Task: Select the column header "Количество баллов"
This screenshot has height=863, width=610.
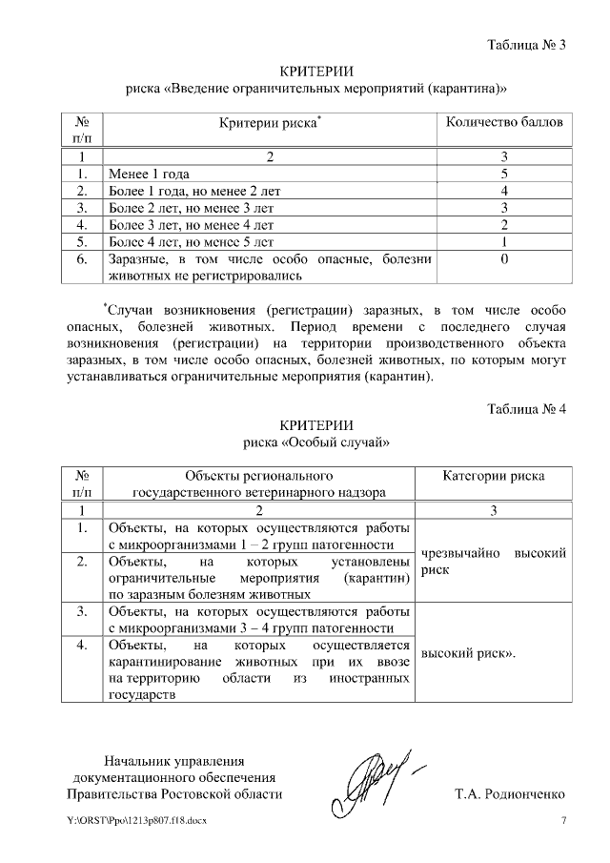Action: click(x=504, y=123)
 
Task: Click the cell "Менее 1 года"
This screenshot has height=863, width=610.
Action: click(x=150, y=175)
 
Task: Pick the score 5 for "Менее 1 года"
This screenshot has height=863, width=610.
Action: click(x=503, y=175)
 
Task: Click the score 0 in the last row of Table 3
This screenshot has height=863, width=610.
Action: click(x=503, y=259)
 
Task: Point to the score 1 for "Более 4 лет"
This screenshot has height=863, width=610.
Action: click(x=503, y=242)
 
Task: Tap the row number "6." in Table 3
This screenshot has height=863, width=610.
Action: click(x=82, y=259)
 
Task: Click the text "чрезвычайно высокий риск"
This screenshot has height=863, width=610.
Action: click(x=494, y=562)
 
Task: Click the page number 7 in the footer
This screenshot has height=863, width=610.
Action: click(x=563, y=822)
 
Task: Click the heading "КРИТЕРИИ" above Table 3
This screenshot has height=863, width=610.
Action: click(x=316, y=72)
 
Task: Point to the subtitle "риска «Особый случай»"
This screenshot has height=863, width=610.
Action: click(x=316, y=443)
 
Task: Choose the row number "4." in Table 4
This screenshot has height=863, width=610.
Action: click(x=82, y=647)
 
